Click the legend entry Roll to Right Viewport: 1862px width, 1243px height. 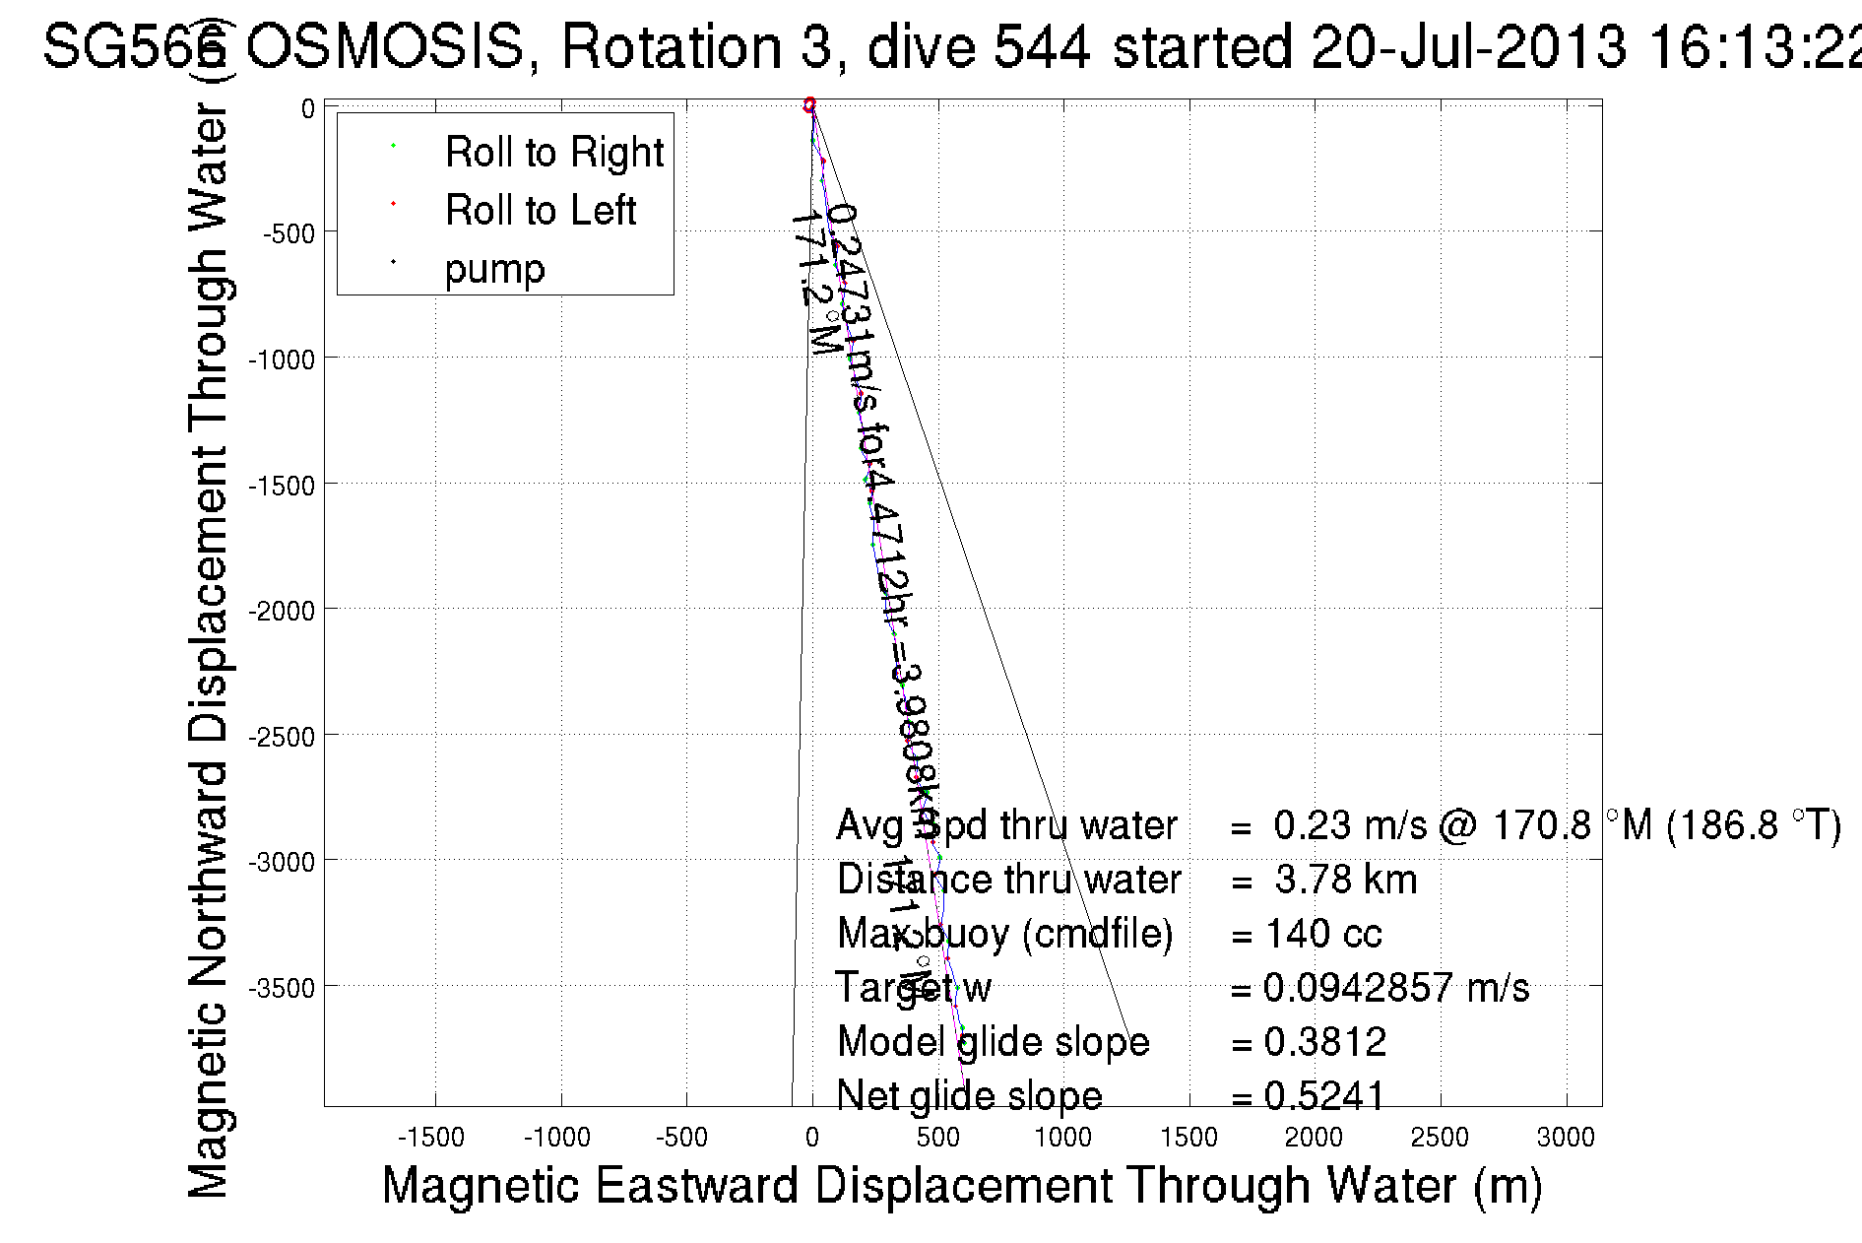click(553, 152)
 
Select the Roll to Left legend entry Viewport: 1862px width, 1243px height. click(540, 210)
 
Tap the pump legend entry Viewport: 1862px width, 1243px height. click(494, 268)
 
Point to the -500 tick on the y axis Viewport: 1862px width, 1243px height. click(288, 233)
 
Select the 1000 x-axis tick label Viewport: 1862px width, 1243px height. click(1062, 1138)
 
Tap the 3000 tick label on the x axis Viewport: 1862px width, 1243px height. click(1565, 1138)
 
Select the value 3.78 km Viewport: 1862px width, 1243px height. click(1345, 880)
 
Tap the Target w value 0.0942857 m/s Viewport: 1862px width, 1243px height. click(1396, 987)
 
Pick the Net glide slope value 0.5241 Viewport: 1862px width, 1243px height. click(1324, 1095)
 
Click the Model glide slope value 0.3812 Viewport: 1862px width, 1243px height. click(1324, 1042)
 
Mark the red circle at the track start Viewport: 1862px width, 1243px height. click(810, 103)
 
